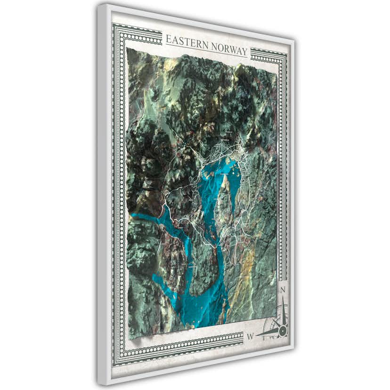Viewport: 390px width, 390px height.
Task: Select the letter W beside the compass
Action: click(250, 336)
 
